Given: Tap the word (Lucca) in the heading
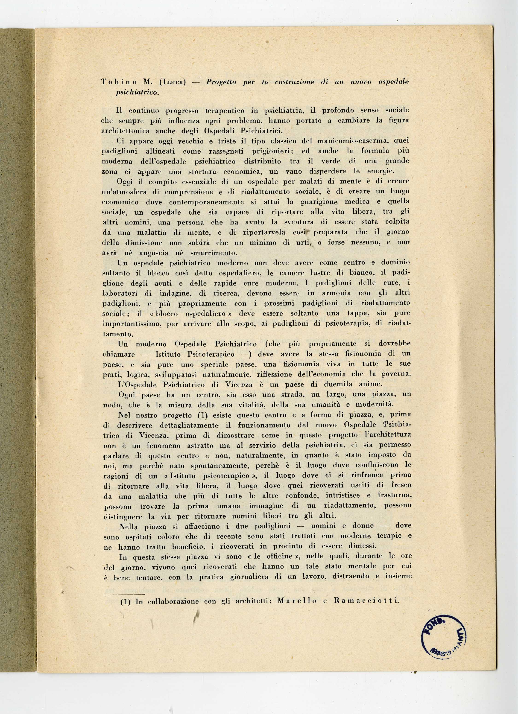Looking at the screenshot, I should coord(173,82).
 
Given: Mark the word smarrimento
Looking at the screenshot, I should coord(214,253).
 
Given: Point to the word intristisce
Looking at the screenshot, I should coord(342,495).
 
